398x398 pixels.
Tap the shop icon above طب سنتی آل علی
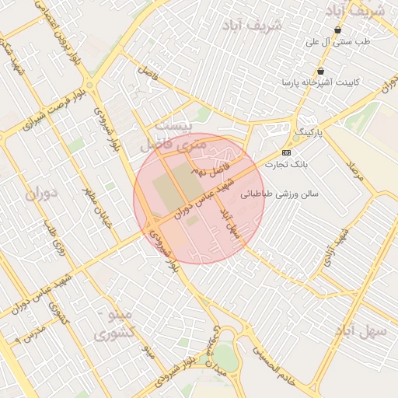pos(337,30)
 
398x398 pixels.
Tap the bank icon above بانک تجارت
pos(286,152)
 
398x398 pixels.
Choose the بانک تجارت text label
pos(287,165)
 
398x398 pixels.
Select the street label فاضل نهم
pos(213,165)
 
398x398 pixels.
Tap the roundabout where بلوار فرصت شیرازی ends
pos(90,85)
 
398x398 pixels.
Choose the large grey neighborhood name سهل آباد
pos(360,331)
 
